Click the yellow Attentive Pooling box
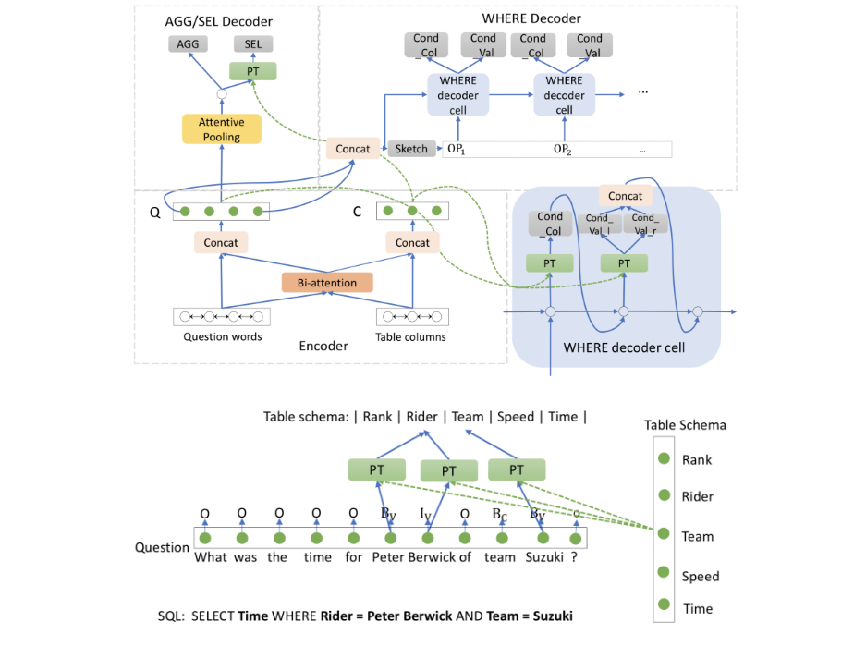(x=221, y=129)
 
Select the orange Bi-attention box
(x=319, y=282)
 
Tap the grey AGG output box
(x=189, y=43)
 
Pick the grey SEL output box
(x=252, y=43)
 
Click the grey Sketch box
(x=411, y=149)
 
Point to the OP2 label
(x=563, y=150)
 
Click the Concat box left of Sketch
(x=353, y=149)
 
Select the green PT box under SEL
(x=252, y=71)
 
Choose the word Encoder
(x=323, y=346)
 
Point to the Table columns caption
(x=411, y=337)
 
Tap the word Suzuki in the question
(x=544, y=557)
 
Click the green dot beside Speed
(x=664, y=575)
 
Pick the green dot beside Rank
(x=664, y=458)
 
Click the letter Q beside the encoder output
(x=154, y=211)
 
